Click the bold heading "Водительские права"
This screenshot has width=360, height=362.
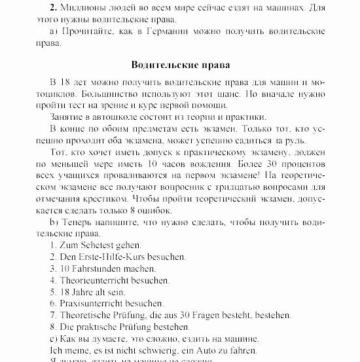tap(180, 65)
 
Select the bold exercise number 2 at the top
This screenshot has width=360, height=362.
tap(52, 7)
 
